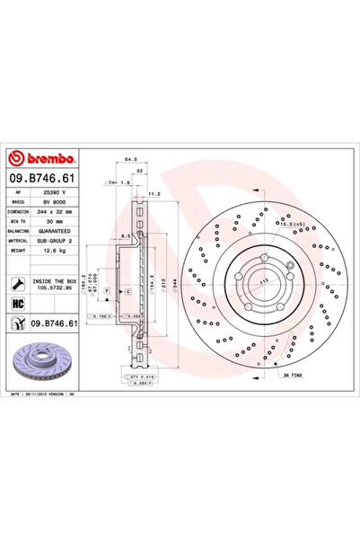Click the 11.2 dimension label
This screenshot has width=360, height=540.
pyautogui.click(x=154, y=192)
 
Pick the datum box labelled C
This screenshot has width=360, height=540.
pyautogui.click(x=127, y=292)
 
